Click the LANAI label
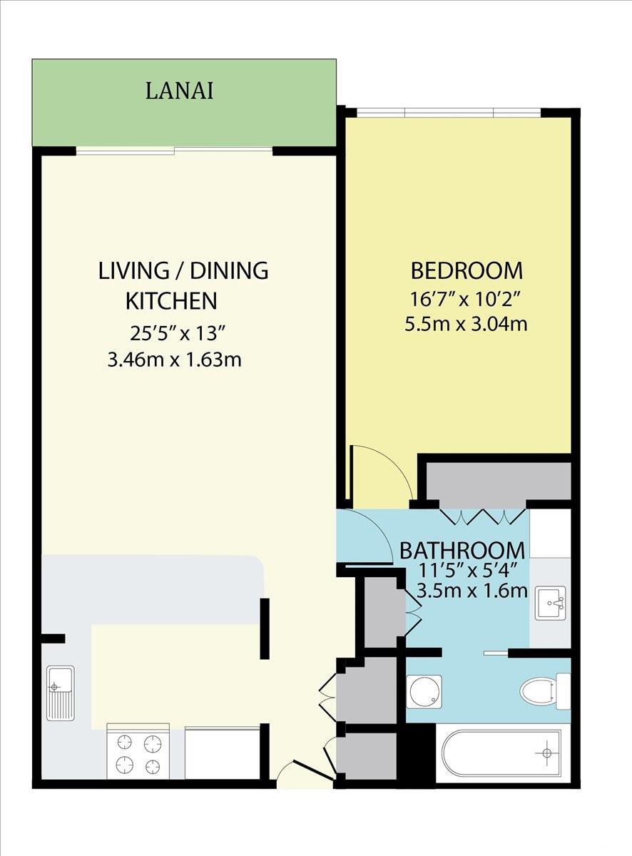click(179, 91)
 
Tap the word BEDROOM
click(467, 271)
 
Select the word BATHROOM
click(462, 551)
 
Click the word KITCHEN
click(171, 301)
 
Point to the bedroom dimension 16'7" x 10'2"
click(466, 300)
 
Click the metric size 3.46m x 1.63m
click(175, 360)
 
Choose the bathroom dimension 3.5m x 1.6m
click(472, 591)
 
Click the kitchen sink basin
click(61, 686)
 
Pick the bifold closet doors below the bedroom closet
click(484, 516)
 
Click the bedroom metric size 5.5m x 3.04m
click(466, 323)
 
